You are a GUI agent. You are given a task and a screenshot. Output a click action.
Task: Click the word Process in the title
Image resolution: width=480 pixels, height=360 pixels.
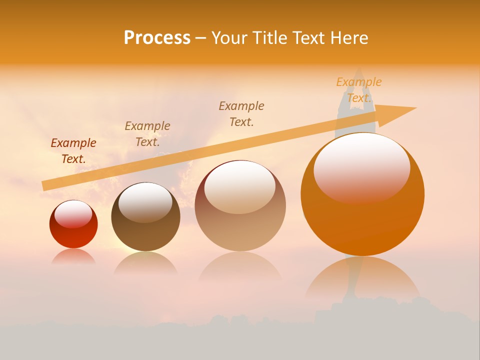pos(157,38)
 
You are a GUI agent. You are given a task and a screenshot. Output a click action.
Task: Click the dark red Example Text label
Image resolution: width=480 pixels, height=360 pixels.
pos(73,150)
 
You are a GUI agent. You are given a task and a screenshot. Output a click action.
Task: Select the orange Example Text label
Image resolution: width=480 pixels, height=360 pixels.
pos(358,89)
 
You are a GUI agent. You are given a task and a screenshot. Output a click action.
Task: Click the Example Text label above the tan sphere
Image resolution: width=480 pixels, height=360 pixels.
pos(241,113)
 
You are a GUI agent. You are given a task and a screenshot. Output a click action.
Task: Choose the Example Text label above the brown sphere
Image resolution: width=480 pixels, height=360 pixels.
pos(147,133)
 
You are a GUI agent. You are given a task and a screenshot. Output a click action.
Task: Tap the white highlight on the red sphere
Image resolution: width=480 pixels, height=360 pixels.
pos(73,214)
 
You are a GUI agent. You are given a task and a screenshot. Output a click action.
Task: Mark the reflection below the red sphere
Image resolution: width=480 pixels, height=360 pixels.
pos(73,256)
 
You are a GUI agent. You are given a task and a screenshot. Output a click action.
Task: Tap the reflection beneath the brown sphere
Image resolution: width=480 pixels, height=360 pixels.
pos(145,263)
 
